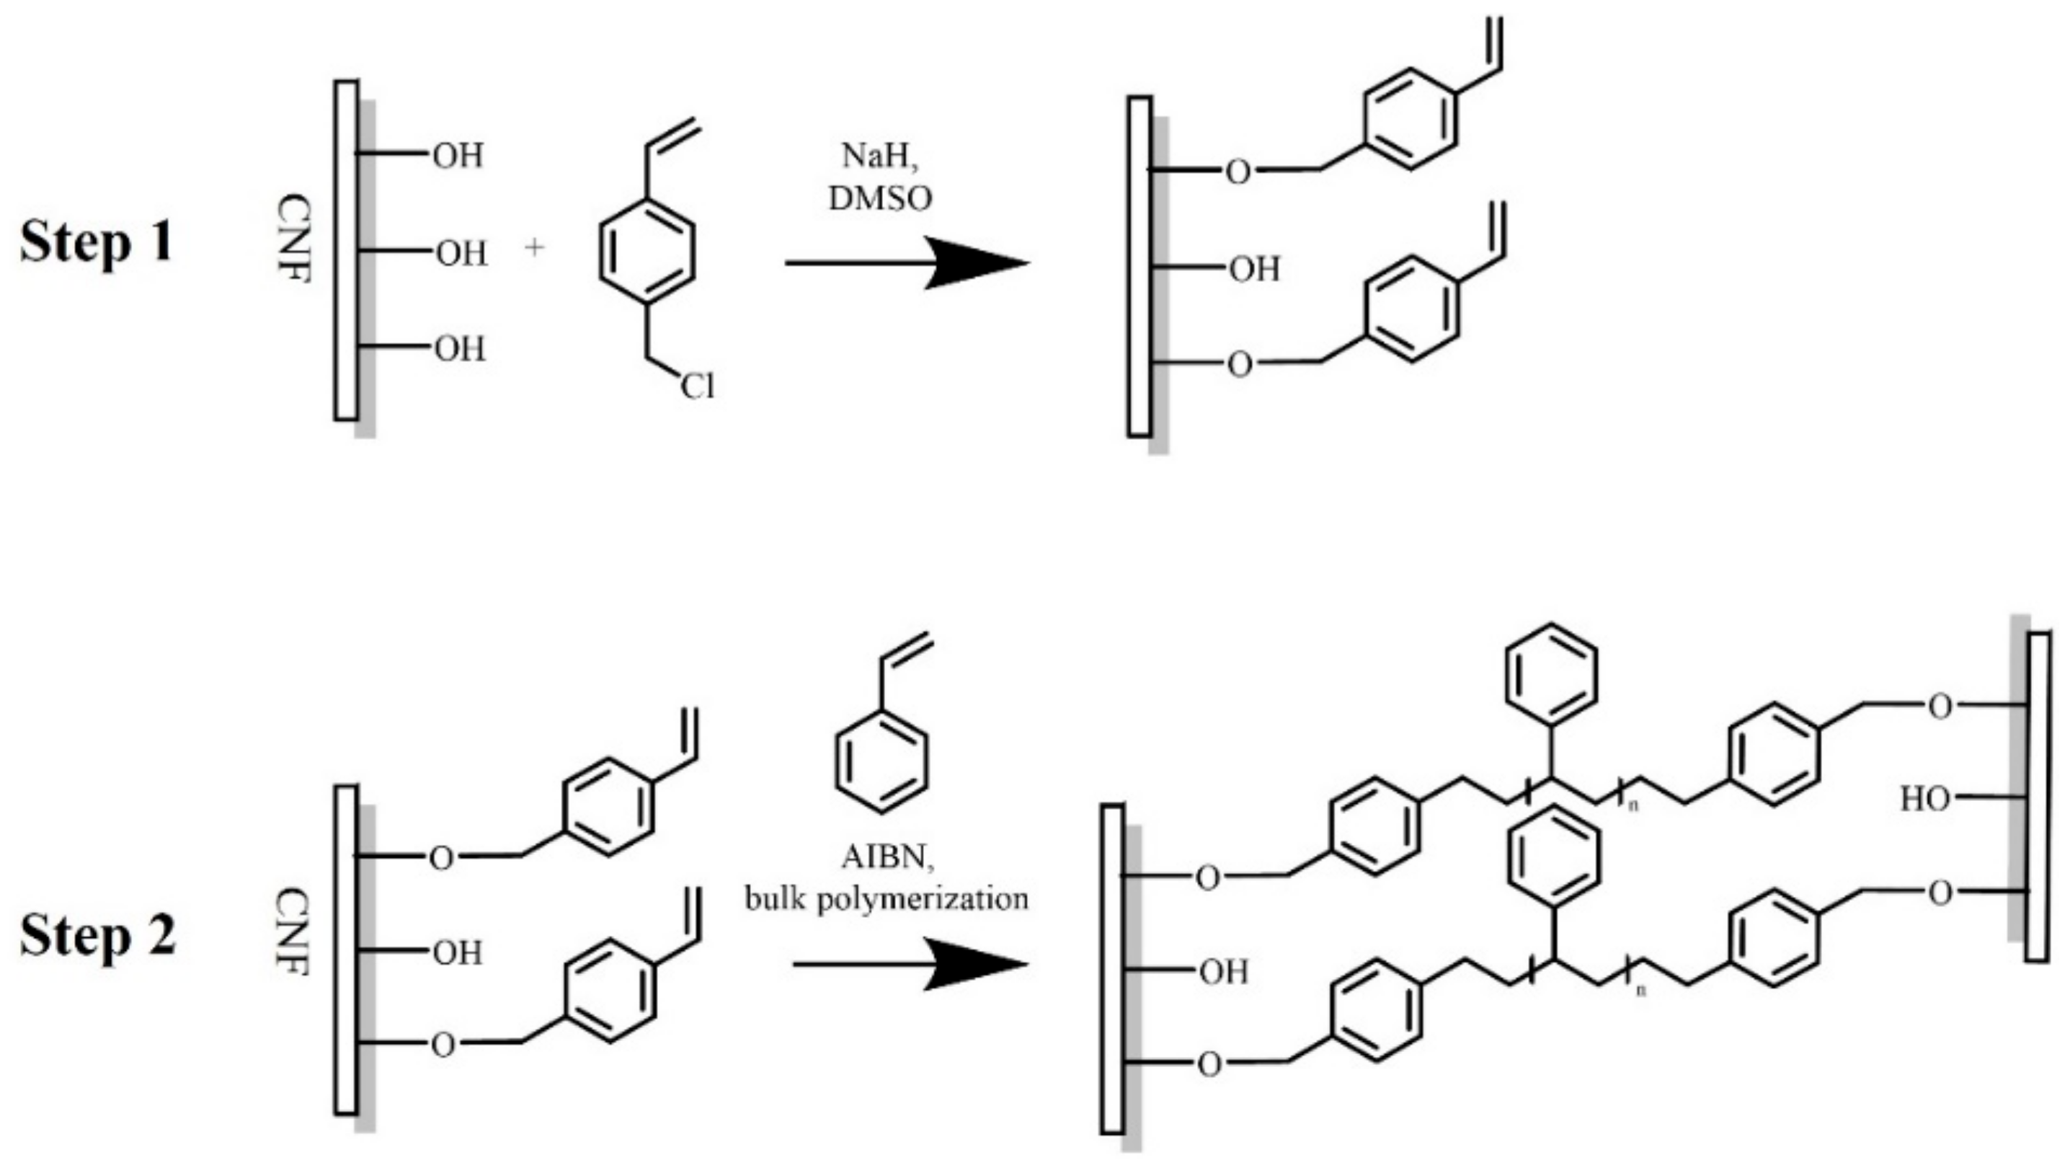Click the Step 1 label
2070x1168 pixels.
coord(97,242)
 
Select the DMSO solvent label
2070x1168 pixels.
coord(881,198)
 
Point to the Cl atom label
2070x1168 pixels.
coord(696,386)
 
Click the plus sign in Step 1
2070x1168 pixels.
coord(534,247)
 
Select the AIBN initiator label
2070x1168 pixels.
coord(887,858)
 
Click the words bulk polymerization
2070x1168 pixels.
coord(887,898)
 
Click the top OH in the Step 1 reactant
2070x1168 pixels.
coord(458,156)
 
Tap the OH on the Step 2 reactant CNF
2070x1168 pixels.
coord(458,953)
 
